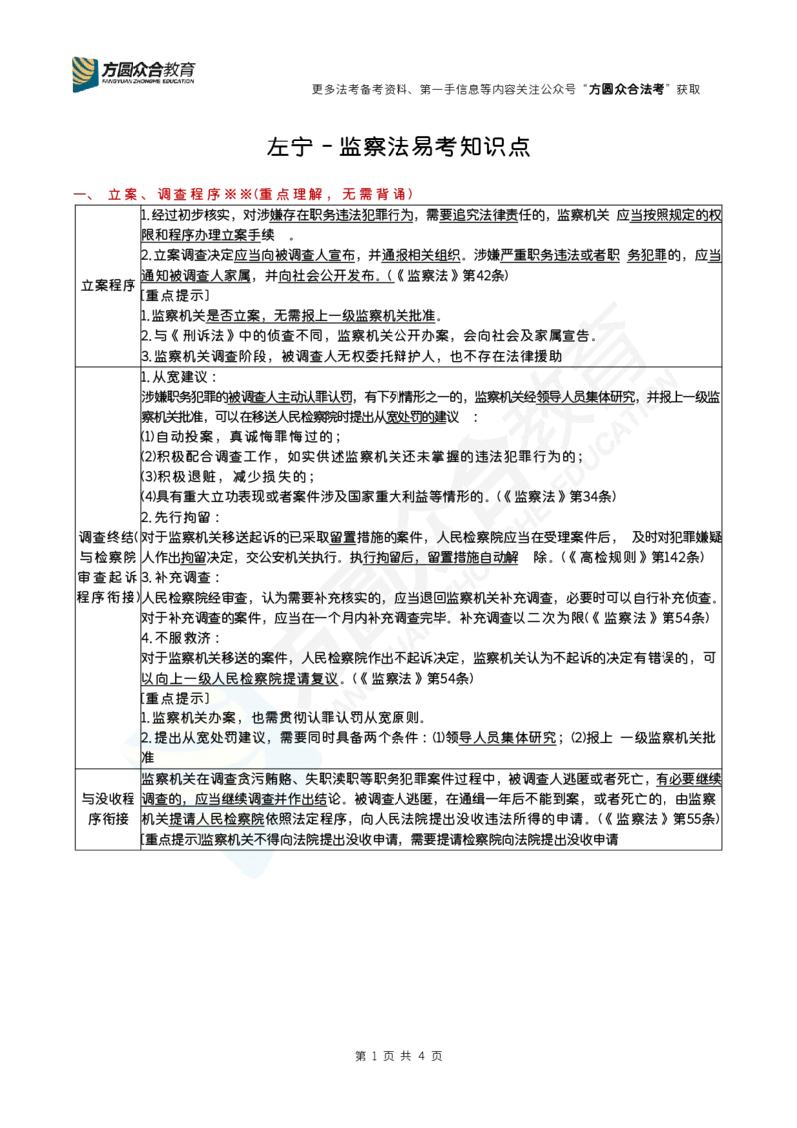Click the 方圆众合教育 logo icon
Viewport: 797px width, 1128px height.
pos(85,74)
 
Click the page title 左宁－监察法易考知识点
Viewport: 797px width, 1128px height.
pos(398,146)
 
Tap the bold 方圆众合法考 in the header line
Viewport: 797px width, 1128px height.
pos(626,90)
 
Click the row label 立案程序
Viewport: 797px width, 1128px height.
pos(108,286)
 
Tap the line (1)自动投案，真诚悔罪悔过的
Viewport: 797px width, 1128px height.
pos(241,437)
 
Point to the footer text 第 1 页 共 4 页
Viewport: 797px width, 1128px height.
pos(398,1056)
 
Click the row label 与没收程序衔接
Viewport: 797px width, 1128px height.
pos(108,809)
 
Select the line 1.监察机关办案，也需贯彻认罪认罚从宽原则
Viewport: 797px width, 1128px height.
pos(285,718)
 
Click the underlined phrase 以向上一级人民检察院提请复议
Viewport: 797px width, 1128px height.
pos(239,679)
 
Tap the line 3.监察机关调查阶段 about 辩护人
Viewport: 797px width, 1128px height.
pos(352,356)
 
